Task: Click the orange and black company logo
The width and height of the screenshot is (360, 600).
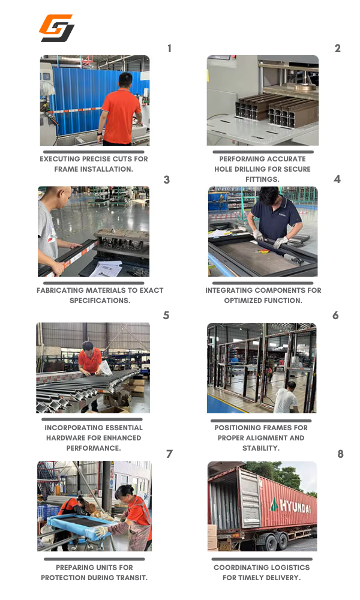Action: [x=56, y=28]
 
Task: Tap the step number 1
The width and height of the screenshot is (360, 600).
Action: [x=169, y=49]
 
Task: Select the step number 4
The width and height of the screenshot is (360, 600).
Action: [x=337, y=179]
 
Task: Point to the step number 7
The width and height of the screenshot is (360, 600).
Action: [x=169, y=454]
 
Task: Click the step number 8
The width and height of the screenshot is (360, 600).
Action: [x=340, y=454]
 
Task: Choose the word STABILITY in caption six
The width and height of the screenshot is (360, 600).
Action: [x=260, y=448]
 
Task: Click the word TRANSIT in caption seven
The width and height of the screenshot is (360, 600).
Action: [x=133, y=577]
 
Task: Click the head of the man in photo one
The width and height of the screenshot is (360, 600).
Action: [x=125, y=80]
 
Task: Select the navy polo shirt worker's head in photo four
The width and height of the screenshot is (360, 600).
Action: [x=269, y=196]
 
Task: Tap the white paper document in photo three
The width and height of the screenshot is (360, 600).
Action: [x=106, y=269]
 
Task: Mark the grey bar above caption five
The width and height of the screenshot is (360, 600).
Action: [x=93, y=419]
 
